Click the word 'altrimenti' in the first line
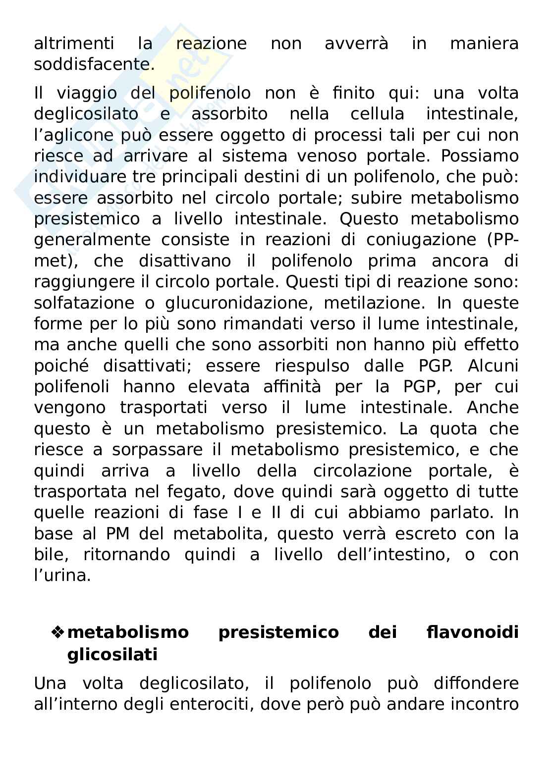tap(74, 44)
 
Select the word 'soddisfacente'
tap(94, 65)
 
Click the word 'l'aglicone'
tap(82, 135)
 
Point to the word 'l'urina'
tap(62, 575)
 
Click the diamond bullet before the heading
tap(58, 632)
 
